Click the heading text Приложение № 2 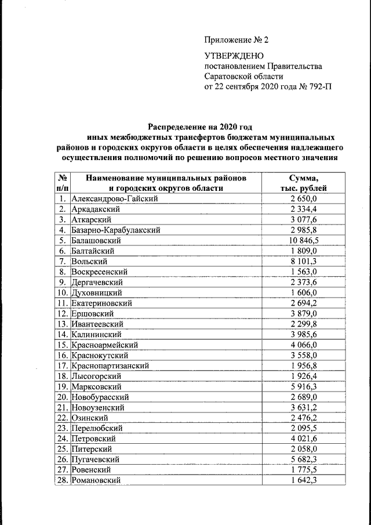[237, 40]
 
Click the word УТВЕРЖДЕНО [234, 56]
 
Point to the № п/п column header [63, 183]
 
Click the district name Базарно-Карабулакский [115, 230]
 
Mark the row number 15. [63, 345]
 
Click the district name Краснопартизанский [110, 365]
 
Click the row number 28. [63, 480]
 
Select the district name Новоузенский [99, 407]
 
